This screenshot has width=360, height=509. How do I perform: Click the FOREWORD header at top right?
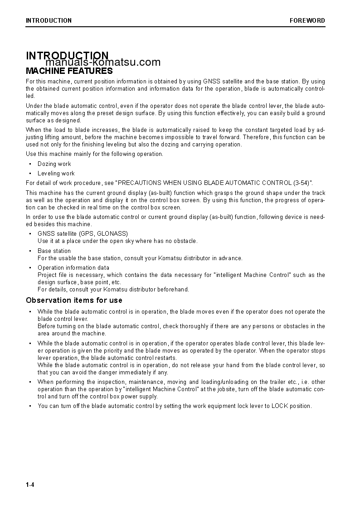point(307,20)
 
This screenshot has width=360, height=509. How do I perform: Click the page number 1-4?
point(30,485)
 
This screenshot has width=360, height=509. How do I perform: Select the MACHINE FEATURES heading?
point(69,71)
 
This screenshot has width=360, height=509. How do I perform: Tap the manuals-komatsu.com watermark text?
point(103,63)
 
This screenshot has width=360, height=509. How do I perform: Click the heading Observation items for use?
point(74,300)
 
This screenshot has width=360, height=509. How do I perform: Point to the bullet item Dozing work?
point(54,164)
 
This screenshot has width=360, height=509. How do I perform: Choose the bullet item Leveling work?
point(56,174)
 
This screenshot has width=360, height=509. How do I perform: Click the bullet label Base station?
point(54,251)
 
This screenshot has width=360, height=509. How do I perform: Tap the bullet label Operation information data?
point(73,267)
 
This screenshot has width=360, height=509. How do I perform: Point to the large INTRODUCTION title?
point(67,56)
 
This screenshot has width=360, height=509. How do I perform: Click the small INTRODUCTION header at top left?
point(49,20)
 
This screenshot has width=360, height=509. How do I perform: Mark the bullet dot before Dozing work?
point(30,164)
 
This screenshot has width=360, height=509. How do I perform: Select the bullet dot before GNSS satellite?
point(30,234)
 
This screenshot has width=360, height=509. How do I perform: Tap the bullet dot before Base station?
point(30,251)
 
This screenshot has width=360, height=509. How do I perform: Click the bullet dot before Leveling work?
point(30,174)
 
